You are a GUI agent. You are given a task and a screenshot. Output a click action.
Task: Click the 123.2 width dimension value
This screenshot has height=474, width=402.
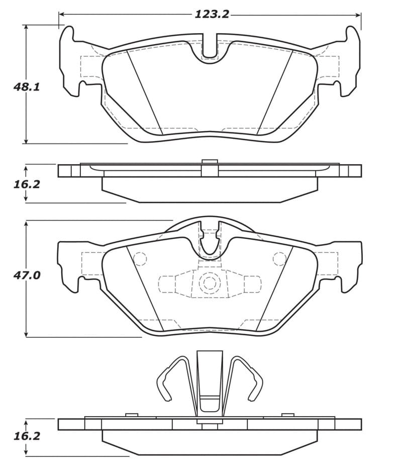click(212, 14)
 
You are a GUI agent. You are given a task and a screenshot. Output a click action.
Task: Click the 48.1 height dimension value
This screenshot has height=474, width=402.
click(26, 86)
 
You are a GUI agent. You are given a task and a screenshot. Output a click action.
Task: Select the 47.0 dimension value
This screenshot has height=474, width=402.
click(26, 275)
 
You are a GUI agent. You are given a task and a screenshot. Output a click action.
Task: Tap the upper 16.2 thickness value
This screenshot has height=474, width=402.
click(26, 184)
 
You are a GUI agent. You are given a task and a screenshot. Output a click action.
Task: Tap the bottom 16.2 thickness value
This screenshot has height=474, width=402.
click(26, 437)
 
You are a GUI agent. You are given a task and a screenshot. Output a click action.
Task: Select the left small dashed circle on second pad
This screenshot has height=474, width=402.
click(140, 259)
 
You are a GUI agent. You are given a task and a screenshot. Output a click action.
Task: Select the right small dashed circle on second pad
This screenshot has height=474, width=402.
click(279, 259)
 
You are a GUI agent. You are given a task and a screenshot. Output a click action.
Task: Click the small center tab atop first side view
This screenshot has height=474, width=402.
click(210, 161)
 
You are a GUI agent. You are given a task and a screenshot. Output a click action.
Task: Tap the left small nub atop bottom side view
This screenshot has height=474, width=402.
click(132, 415)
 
